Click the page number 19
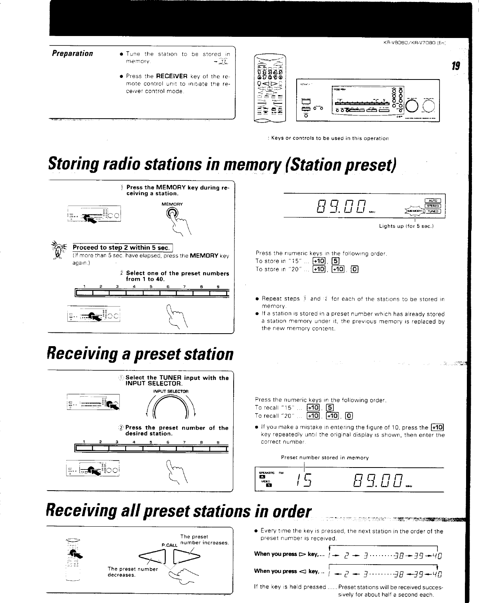[455, 65]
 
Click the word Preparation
[72, 53]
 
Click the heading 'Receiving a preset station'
[140, 354]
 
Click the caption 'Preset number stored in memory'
[325, 457]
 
